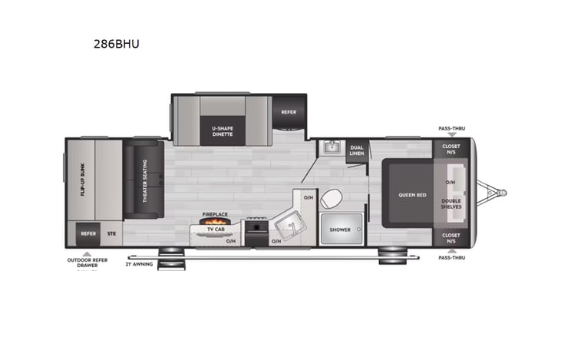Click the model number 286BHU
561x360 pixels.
114,45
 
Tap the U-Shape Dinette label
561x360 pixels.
222,130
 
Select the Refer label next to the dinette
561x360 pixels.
289,112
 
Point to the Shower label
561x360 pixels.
340,230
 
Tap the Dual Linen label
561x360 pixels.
357,150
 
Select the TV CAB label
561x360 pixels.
214,230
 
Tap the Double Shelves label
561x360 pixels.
451,203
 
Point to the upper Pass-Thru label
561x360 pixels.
451,128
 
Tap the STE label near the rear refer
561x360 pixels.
111,233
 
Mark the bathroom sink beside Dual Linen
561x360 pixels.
332,147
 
